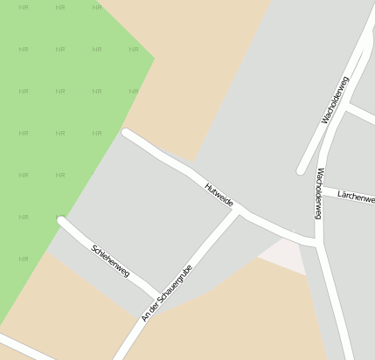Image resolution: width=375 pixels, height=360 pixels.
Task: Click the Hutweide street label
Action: [219, 195]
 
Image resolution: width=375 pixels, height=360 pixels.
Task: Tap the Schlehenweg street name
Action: [110, 261]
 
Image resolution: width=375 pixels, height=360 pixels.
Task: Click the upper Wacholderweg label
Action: [335, 100]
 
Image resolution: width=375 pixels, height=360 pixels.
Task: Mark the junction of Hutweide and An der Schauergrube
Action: [240, 211]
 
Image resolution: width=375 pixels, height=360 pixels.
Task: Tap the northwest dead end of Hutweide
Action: [126, 133]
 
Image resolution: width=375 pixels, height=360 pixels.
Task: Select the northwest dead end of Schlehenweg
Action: [61, 220]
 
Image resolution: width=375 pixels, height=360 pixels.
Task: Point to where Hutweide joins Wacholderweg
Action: [316, 240]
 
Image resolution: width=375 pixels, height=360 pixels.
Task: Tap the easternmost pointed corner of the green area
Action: [154, 59]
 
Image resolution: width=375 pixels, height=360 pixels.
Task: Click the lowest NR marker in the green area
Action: [24, 259]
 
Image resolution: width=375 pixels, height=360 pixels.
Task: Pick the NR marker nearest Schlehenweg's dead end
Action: [59, 216]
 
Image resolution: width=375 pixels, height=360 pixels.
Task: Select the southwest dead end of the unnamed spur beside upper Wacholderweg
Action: [301, 170]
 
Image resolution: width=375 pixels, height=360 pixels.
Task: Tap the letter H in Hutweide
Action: [208, 185]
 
